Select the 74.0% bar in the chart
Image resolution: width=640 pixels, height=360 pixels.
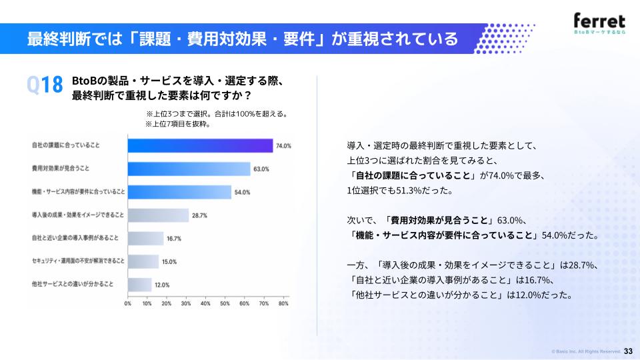201,146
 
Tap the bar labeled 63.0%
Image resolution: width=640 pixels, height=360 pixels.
189,169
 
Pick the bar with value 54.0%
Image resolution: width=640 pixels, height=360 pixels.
179,192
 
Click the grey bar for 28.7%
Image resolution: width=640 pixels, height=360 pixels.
159,215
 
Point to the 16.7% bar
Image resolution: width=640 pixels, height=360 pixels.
146,239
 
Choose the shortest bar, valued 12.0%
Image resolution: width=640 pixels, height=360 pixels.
140,285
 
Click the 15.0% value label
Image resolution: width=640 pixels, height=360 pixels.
169,262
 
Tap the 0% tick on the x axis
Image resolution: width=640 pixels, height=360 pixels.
128,304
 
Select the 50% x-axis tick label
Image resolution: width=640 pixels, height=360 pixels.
225,304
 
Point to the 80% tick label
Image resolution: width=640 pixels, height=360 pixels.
283,304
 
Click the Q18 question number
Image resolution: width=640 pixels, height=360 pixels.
45,85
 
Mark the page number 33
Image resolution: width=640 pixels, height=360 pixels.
628,351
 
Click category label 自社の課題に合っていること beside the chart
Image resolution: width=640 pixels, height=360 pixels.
66,145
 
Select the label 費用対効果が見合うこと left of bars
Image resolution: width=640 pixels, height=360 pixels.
61,168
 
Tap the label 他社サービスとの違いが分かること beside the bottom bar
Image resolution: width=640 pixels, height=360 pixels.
73,284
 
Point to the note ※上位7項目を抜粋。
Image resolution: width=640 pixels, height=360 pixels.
178,124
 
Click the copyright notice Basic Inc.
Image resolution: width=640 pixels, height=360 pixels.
586,351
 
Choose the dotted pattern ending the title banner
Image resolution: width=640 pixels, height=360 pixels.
505,39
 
